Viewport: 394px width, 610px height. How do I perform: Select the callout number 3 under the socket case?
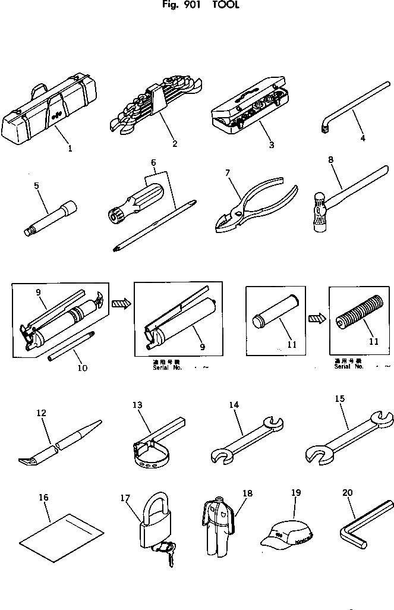click(270, 144)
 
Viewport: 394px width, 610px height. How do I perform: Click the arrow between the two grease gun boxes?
click(120, 304)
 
